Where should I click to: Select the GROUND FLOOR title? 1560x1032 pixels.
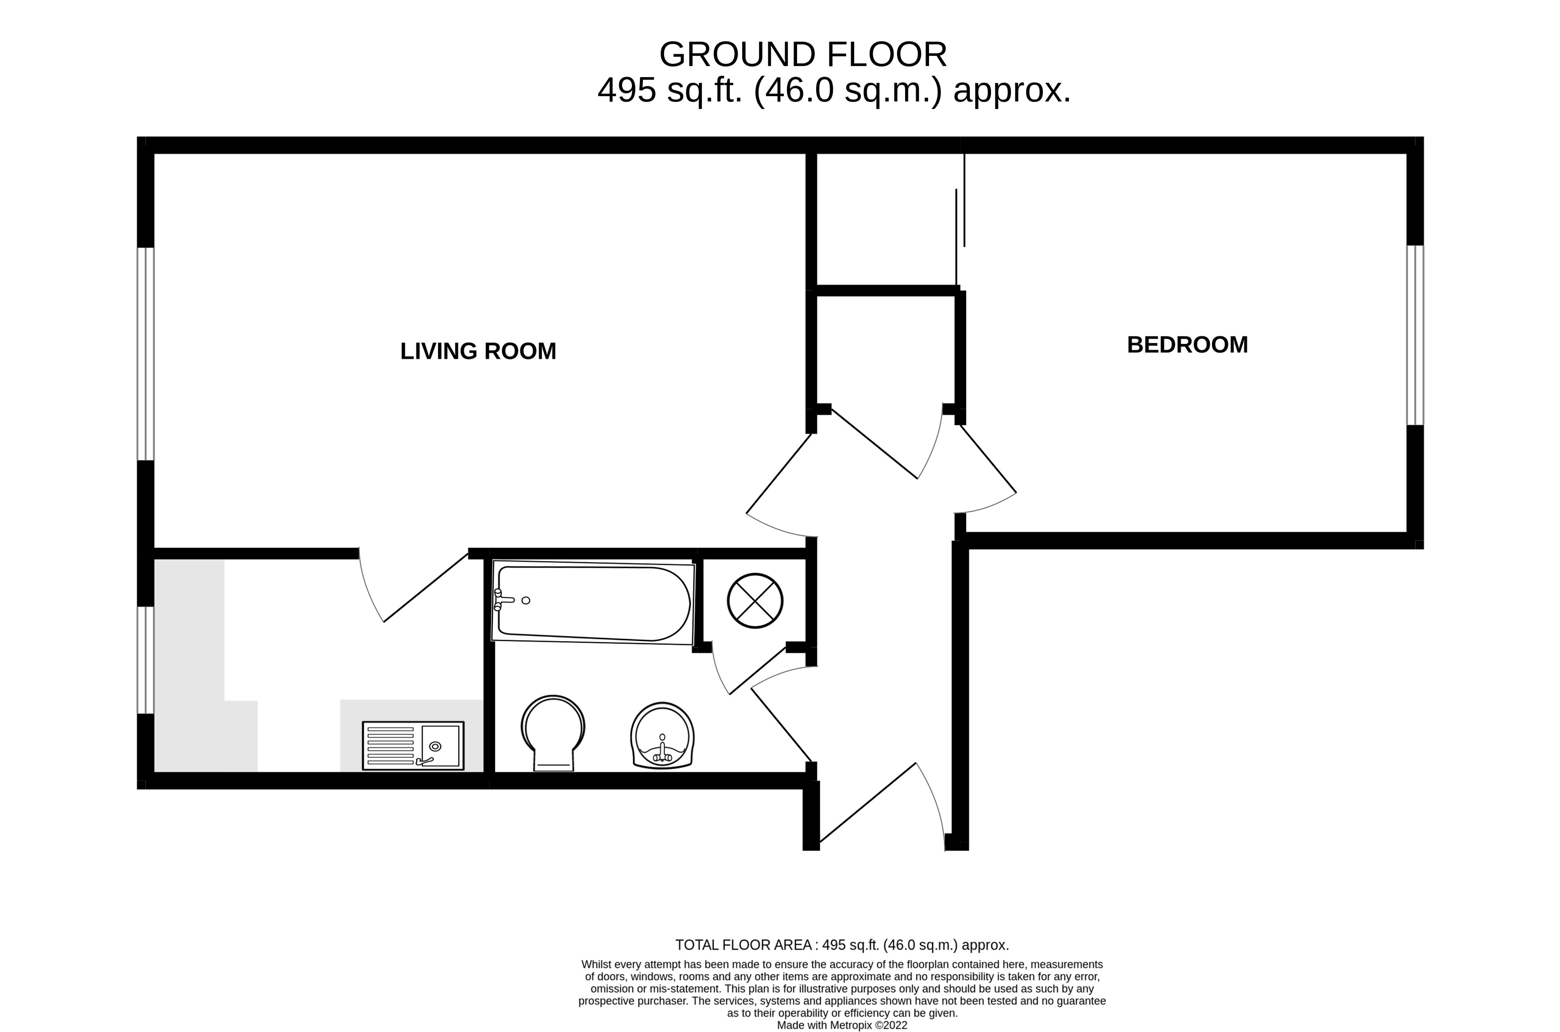pos(803,54)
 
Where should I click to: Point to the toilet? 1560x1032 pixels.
pos(553,733)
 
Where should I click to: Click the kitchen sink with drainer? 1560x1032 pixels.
pos(413,746)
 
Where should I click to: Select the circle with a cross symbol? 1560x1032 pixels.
pos(755,600)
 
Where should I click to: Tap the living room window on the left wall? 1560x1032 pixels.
pos(146,353)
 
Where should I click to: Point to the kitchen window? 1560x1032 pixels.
pos(146,660)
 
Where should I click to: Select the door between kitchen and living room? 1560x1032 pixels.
pos(426,587)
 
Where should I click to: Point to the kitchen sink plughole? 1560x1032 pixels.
pos(434,746)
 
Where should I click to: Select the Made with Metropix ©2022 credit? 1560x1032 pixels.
pos(842,1025)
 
